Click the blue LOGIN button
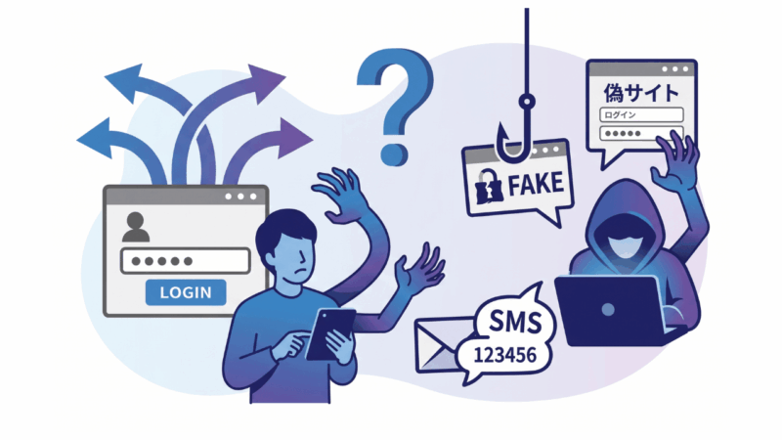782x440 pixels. (186, 292)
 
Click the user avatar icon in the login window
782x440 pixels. (135, 227)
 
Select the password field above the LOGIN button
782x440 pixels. (185, 261)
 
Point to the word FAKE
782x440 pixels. (536, 185)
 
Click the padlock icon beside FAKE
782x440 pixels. (488, 187)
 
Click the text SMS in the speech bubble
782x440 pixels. (515, 322)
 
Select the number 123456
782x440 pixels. (504, 356)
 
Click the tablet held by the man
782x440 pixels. (329, 333)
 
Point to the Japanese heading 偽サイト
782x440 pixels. (641, 93)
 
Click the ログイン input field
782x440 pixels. (641, 114)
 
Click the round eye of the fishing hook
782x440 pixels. (527, 102)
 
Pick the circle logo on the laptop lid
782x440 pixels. (607, 310)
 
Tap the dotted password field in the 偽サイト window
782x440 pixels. (641, 133)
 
